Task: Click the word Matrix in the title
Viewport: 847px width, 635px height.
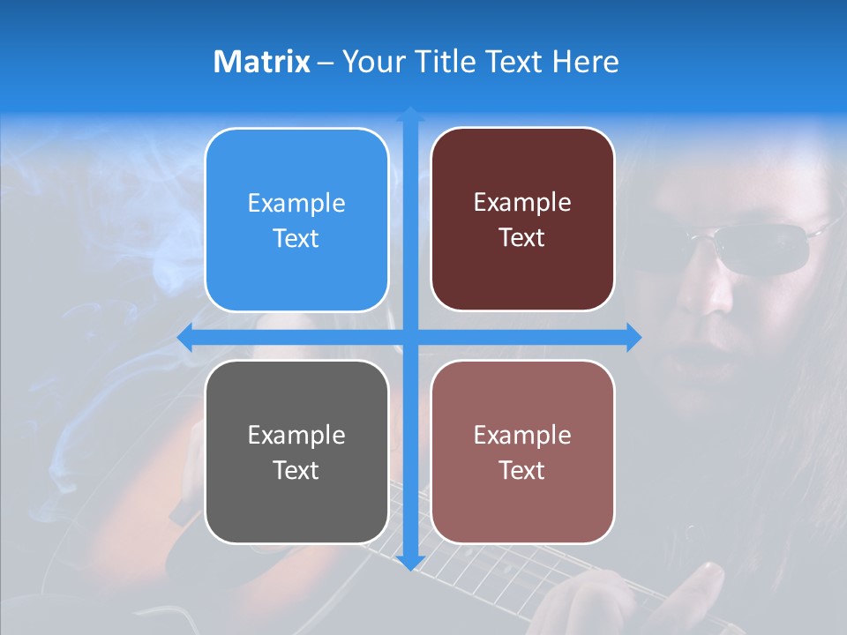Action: click(x=261, y=62)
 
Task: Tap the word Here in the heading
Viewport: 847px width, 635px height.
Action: click(x=585, y=62)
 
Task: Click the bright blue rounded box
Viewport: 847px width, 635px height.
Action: click(x=296, y=220)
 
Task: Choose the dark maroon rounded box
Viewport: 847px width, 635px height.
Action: click(x=522, y=220)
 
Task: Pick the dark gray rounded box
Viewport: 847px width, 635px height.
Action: click(x=296, y=452)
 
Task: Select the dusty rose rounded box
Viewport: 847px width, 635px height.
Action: click(x=522, y=452)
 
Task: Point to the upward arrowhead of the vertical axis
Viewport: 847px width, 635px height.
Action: click(x=410, y=114)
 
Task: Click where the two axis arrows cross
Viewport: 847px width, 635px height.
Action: click(x=410, y=338)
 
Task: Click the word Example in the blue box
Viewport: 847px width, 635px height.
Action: click(x=296, y=204)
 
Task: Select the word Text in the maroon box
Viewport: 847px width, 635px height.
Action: click(x=522, y=238)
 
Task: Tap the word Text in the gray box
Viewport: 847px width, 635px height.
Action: click(x=296, y=470)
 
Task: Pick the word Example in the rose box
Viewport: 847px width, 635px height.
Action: click(x=522, y=435)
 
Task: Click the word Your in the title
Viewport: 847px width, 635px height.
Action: click(x=370, y=62)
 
